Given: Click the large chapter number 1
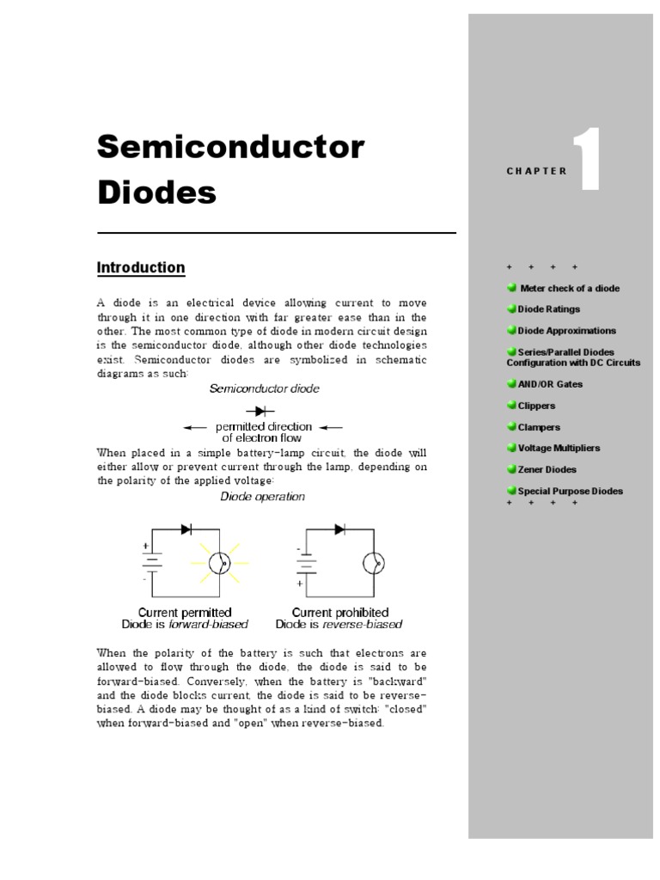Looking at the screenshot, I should point(585,161).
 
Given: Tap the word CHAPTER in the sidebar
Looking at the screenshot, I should point(537,171).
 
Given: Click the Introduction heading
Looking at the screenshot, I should point(141,268).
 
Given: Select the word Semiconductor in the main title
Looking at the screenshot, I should point(231,147).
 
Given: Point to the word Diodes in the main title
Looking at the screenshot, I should point(156,192).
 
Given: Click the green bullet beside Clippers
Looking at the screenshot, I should point(511,405).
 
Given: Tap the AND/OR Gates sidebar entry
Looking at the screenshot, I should point(550,384).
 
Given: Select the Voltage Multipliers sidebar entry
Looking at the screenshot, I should point(559,448).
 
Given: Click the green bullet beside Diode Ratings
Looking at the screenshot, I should point(511,309).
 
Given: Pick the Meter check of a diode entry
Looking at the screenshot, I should point(569,288).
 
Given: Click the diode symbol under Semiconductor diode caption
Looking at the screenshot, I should point(254,412).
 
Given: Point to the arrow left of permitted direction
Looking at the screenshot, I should point(195,427).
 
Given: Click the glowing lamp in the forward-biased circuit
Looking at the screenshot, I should point(220,563).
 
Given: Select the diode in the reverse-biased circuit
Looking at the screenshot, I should point(340,528).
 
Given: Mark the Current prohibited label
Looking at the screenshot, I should point(340,613).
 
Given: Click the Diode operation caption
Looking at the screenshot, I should point(262,497).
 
